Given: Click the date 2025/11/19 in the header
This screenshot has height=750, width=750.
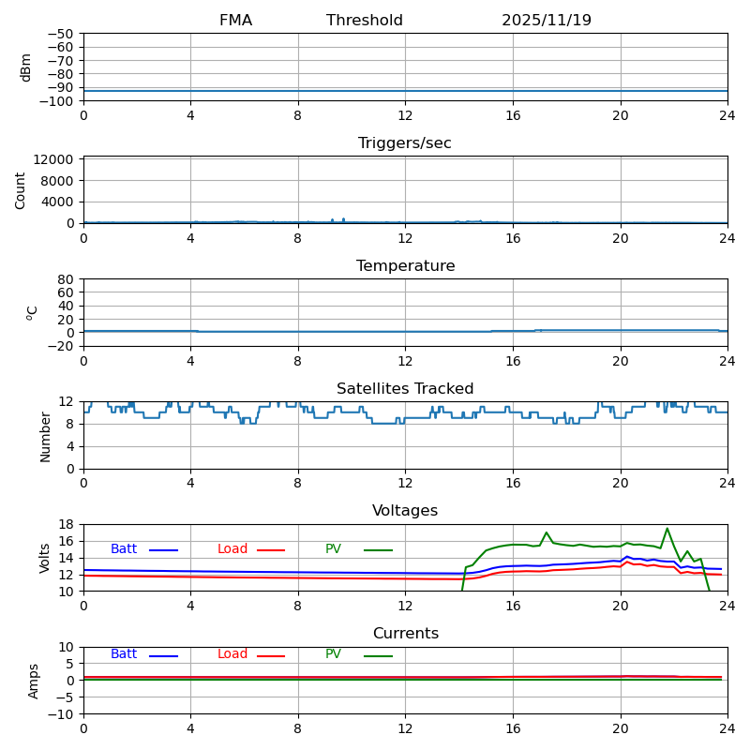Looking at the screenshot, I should coord(546,21).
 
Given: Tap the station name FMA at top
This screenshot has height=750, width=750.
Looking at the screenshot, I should coord(235,21).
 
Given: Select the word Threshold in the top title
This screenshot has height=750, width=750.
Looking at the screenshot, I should coord(365,21).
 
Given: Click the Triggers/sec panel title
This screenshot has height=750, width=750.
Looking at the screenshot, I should coord(405,143).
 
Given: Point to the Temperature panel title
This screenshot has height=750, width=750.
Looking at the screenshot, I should coord(405,266).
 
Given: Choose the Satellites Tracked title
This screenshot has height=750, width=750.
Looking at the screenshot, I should coord(405,389).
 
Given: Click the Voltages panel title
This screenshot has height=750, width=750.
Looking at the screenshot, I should coord(405,511).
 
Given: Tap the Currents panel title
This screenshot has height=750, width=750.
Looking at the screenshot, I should coord(405,634).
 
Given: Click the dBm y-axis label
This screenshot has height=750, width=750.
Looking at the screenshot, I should coord(26,67).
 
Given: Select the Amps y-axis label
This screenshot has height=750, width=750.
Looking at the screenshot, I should coord(34,681).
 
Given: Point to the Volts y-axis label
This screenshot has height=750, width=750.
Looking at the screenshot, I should coord(45,558).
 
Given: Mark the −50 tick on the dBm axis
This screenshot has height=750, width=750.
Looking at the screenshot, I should coord(60,34).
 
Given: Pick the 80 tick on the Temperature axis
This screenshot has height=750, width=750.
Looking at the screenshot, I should coord(67,279).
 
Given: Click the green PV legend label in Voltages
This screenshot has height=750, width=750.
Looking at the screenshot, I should coord(334,549).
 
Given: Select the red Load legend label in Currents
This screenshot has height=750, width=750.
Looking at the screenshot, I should coord(232,654).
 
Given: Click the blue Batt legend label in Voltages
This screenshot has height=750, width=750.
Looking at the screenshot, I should coord(124,549).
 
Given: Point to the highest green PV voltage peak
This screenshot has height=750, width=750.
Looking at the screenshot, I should coord(667,529).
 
